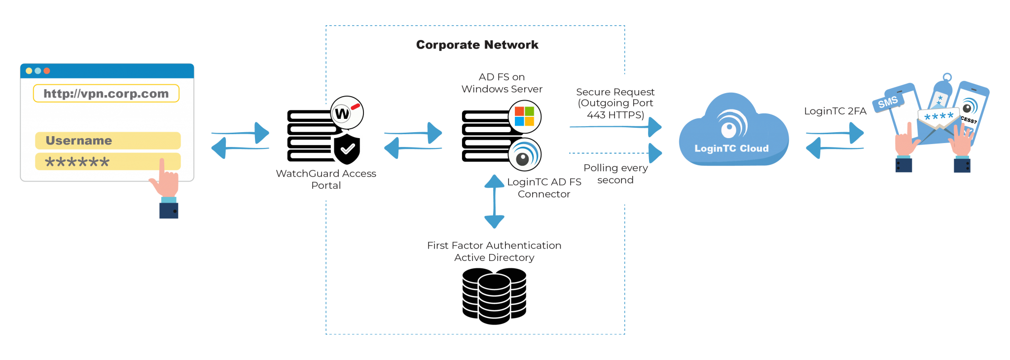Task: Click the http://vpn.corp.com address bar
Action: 106,94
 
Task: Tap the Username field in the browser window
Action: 108,141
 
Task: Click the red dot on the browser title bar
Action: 47,71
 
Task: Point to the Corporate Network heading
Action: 477,45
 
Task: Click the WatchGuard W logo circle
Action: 347,113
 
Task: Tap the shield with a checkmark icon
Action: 348,148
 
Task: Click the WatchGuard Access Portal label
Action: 326,179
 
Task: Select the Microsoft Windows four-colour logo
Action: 524,117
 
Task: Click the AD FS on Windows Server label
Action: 502,83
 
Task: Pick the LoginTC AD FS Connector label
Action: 544,188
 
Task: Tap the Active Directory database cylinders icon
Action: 494,296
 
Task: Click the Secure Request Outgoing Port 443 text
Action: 615,103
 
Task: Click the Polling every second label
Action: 615,174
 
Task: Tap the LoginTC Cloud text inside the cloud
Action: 731,148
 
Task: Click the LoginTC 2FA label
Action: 835,111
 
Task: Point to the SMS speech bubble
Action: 888,102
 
